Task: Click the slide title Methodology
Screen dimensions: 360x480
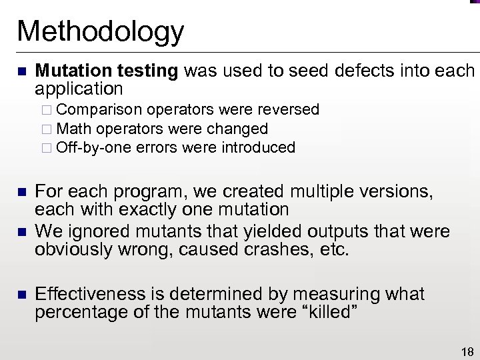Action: point(100,31)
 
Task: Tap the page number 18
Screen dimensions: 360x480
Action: point(467,352)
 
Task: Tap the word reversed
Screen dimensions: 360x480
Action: point(285,109)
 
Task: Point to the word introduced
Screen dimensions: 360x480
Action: point(256,147)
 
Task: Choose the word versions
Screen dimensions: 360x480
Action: point(397,193)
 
